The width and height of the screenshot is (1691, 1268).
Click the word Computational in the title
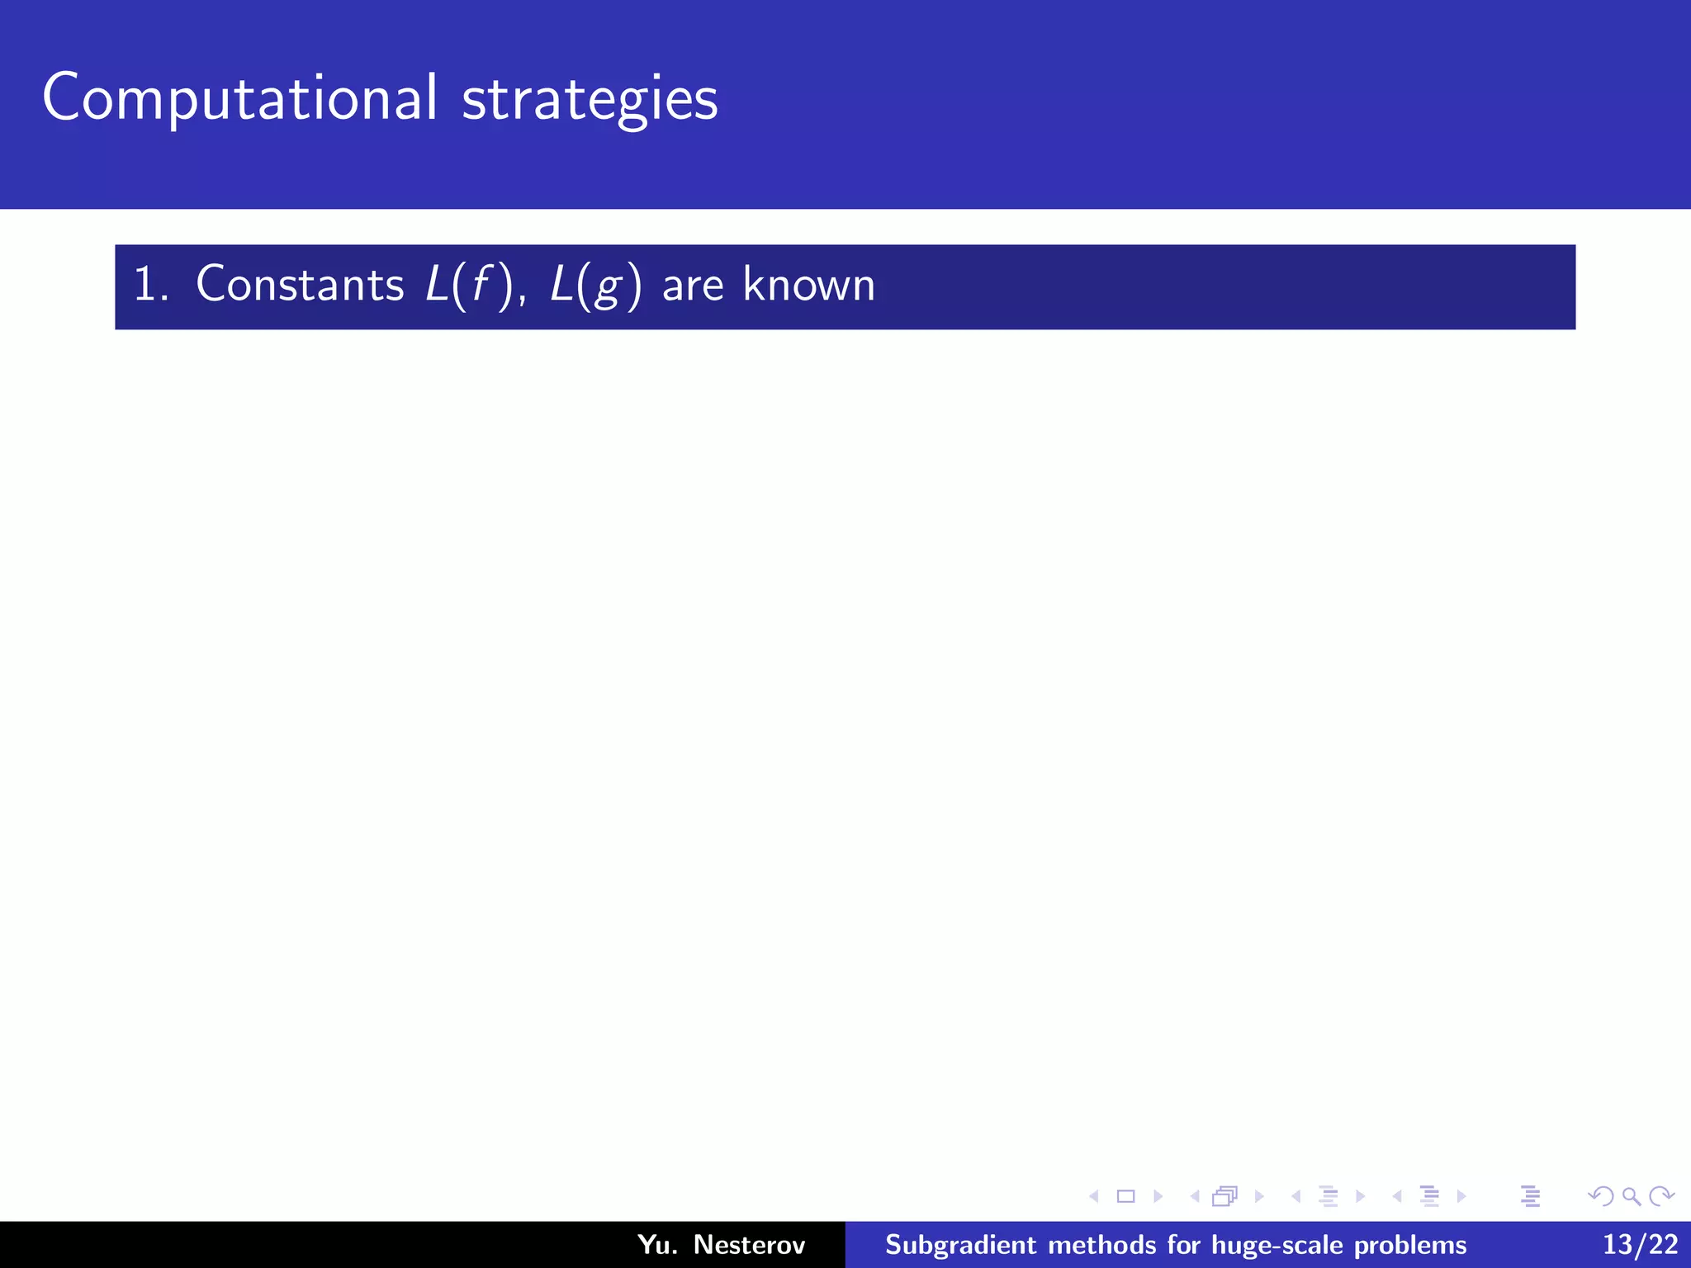(x=239, y=98)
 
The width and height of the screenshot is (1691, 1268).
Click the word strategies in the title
(x=590, y=98)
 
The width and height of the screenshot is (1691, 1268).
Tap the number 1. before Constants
(x=150, y=285)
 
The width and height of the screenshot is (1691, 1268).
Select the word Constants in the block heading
(x=300, y=285)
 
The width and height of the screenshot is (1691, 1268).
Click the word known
(x=808, y=285)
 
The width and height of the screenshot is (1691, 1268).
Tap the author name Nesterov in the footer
(x=749, y=1244)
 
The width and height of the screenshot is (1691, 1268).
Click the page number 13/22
(x=1640, y=1244)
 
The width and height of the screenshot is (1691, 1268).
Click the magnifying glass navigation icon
(x=1631, y=1196)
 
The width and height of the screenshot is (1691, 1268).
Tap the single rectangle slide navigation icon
(x=1125, y=1196)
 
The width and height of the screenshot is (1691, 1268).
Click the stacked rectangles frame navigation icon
(x=1225, y=1196)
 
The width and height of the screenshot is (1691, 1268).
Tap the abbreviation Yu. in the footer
(x=657, y=1244)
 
